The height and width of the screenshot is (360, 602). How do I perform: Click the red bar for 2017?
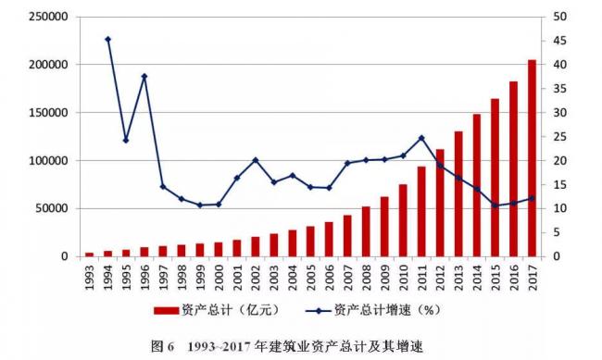[532, 158]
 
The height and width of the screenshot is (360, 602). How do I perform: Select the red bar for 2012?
[440, 203]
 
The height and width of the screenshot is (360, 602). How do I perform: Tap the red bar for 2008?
[366, 231]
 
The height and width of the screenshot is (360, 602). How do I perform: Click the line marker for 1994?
[107, 39]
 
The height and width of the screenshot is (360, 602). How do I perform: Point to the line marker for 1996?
[144, 76]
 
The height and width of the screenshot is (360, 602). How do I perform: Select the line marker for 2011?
[421, 138]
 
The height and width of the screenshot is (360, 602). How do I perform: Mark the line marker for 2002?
[256, 160]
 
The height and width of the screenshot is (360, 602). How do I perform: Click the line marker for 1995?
[126, 141]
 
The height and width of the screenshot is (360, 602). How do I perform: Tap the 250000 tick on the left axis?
[46, 17]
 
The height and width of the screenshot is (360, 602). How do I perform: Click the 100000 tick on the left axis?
[46, 160]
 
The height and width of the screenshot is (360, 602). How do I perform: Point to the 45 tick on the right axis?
[560, 41]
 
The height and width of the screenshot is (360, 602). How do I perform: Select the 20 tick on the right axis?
[560, 160]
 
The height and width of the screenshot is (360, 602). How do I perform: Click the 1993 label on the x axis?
[90, 278]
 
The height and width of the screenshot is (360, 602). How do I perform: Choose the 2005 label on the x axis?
[311, 278]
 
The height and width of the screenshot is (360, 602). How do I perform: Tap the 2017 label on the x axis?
[533, 278]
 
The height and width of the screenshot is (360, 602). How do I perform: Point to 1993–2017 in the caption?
[220, 346]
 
